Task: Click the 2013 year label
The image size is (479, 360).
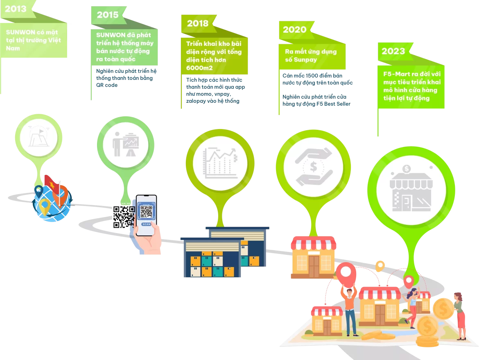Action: click(16, 9)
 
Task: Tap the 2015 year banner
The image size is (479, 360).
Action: click(107, 15)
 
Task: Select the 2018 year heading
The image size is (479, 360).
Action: click(197, 23)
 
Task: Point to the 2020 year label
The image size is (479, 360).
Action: click(294, 29)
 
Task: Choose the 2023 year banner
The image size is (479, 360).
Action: click(393, 51)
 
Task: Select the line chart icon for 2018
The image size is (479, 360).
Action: click(220, 163)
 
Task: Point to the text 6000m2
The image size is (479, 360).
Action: click(200, 68)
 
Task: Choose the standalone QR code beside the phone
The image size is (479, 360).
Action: click(123, 217)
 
